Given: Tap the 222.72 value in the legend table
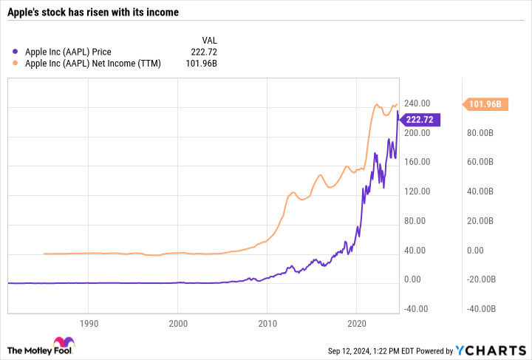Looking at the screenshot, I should point(203,52).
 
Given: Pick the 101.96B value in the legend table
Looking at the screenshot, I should point(200,64).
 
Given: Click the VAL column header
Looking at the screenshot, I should point(209,40).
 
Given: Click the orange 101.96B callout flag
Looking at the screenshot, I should point(485,104).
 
